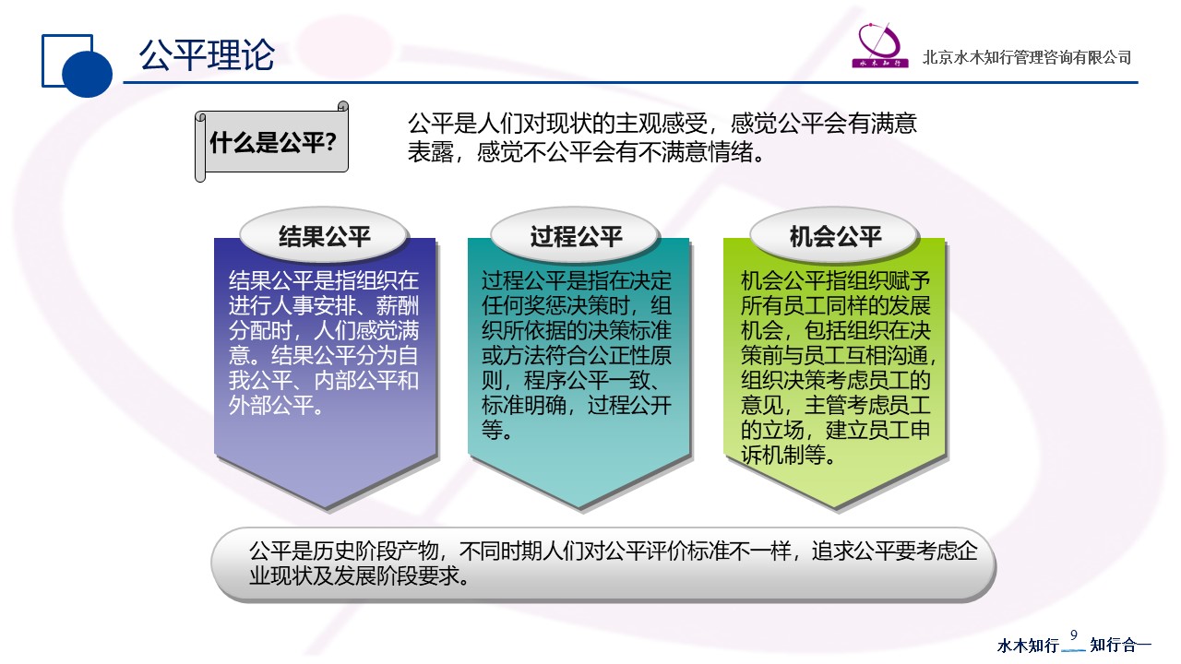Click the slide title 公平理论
coord(207,55)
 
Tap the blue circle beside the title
coord(87,73)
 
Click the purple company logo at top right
coord(880,45)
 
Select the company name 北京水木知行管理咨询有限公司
coord(1027,57)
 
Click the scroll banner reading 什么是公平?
coord(272,142)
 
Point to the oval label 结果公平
coord(324,236)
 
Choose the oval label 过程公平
coord(576,236)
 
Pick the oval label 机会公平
coord(835,236)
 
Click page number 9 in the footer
coord(1074,635)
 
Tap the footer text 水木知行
coord(1028,645)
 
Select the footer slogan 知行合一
coord(1120,645)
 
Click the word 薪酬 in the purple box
coord(398,305)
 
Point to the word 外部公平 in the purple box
coord(271,405)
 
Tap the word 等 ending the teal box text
coord(492,430)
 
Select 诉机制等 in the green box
coord(783,455)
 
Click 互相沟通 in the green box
coord(888,356)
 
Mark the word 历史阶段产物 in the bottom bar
coord(376,551)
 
